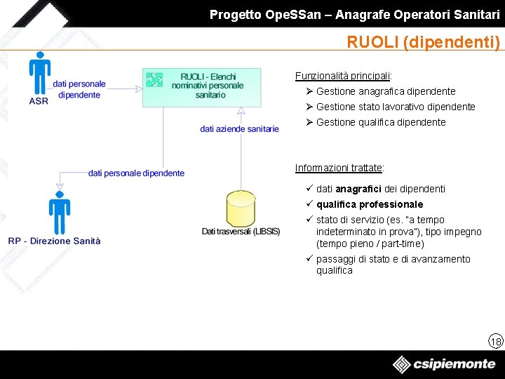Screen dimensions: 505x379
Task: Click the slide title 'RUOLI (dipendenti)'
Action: point(423,42)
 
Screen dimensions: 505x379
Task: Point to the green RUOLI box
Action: point(202,87)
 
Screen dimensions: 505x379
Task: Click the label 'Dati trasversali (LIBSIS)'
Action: point(241,231)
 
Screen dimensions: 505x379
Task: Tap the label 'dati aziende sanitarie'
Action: point(239,128)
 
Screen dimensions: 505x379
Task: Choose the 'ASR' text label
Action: point(39,100)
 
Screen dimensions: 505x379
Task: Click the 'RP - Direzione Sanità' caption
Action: point(55,241)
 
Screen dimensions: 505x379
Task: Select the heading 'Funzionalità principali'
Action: point(343,76)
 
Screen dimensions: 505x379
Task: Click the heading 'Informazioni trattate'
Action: point(339,168)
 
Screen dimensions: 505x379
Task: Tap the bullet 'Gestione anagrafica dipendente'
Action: point(386,91)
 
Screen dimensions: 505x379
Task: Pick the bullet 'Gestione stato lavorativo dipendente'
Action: point(396,107)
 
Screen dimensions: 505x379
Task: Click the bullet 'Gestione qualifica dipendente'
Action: point(381,122)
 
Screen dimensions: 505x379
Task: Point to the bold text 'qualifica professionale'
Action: point(370,204)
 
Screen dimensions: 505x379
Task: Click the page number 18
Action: point(496,342)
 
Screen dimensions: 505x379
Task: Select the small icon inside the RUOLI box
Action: point(154,79)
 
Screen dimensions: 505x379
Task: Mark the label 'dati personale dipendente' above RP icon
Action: point(136,173)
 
